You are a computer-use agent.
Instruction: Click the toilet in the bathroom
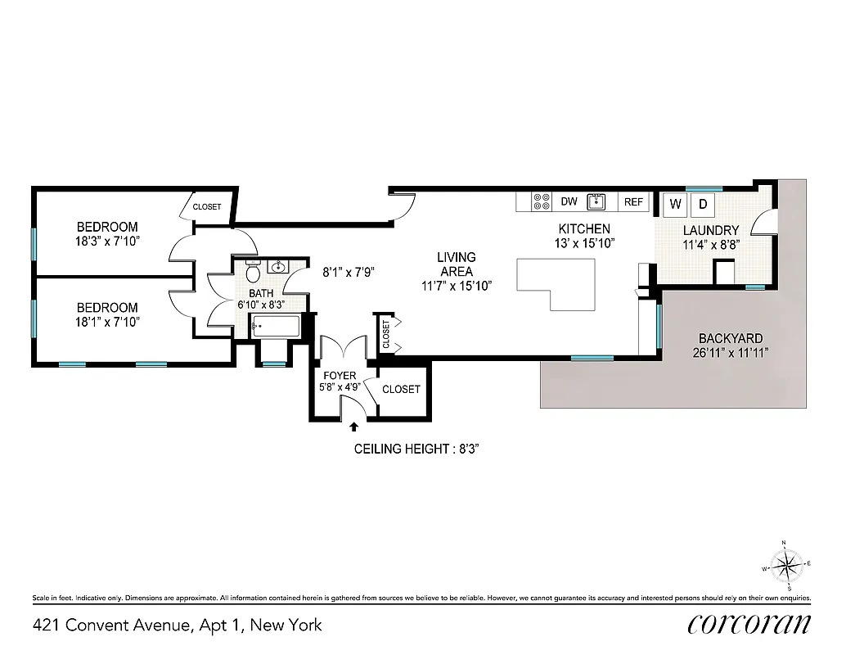tap(253, 270)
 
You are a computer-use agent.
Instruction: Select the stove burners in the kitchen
tap(541, 201)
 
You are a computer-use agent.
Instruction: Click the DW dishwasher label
tap(569, 201)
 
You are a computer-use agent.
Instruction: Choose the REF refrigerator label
tap(633, 201)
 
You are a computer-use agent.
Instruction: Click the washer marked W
tap(676, 203)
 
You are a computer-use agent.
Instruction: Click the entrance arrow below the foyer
tap(353, 426)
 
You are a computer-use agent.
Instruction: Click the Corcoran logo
tap(749, 624)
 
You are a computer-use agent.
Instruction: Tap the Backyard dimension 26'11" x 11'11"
tap(730, 353)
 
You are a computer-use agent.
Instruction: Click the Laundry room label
tap(711, 230)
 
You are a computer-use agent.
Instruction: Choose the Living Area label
tap(456, 264)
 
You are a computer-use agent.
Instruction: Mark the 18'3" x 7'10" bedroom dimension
tap(107, 241)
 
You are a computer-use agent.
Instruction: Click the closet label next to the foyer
tap(401, 390)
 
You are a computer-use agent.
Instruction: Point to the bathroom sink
tap(279, 267)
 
